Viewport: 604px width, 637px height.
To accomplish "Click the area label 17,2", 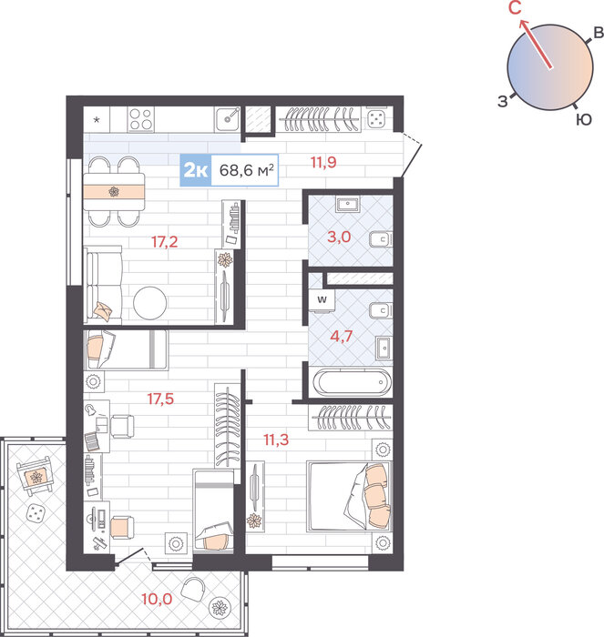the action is coord(165,242).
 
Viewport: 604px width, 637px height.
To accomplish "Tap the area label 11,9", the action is coord(323,163).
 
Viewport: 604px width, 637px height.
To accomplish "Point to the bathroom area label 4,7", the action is coord(342,337).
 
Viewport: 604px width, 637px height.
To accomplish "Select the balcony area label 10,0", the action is coord(157,599).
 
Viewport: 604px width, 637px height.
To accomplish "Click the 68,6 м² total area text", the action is coord(247,170).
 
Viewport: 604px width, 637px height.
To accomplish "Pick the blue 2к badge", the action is coord(196,170).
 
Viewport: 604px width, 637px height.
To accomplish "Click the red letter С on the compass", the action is coord(515,7).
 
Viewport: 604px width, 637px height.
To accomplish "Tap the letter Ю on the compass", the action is coord(584,120).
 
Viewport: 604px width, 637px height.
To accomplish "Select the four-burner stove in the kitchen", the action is coord(140,119).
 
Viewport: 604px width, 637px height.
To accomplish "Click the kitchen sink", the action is coord(228,119).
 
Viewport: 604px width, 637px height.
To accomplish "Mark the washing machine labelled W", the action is coord(322,300).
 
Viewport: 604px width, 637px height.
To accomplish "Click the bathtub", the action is coord(353,382).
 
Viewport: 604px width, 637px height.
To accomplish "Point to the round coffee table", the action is coord(150,303).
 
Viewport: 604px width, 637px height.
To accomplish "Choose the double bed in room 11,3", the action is coord(349,496).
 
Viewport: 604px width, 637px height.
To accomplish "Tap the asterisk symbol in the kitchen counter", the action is coord(97,120).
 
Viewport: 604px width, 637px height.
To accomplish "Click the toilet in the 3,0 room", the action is coord(381,239).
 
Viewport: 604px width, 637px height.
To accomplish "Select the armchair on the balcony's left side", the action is coord(36,475).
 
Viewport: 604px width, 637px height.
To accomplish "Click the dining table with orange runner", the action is coord(114,191).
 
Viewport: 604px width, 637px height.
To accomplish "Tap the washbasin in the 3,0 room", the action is coord(348,205).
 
